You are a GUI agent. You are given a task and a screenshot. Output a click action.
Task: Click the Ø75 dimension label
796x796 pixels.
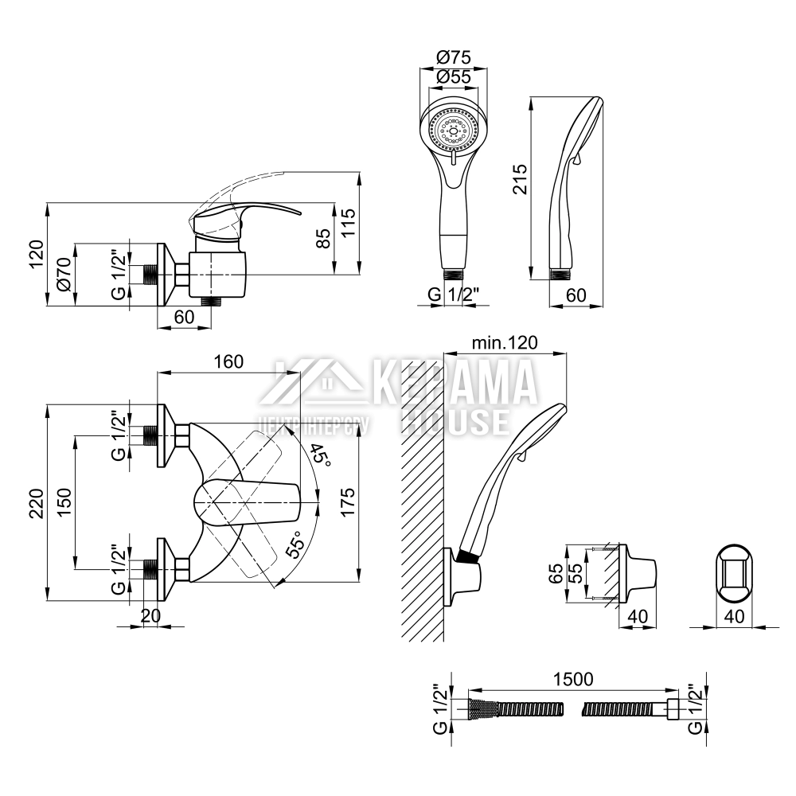click(455, 57)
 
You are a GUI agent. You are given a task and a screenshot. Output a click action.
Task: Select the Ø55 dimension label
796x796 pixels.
click(455, 77)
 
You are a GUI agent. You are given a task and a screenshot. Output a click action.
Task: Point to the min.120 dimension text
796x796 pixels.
click(505, 342)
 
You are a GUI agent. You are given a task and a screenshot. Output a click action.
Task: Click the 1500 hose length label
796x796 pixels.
click(572, 679)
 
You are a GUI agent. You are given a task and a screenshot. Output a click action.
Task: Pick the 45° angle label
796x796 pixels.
click(321, 454)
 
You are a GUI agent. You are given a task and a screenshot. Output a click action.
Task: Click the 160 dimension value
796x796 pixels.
click(228, 361)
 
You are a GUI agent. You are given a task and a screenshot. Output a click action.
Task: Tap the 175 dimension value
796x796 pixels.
click(348, 502)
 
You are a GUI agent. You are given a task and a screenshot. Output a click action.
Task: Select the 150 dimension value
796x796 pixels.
click(64, 502)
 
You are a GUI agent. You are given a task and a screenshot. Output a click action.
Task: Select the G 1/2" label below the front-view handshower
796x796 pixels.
click(454, 295)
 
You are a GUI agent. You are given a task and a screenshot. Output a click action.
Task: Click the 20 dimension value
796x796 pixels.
click(151, 615)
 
